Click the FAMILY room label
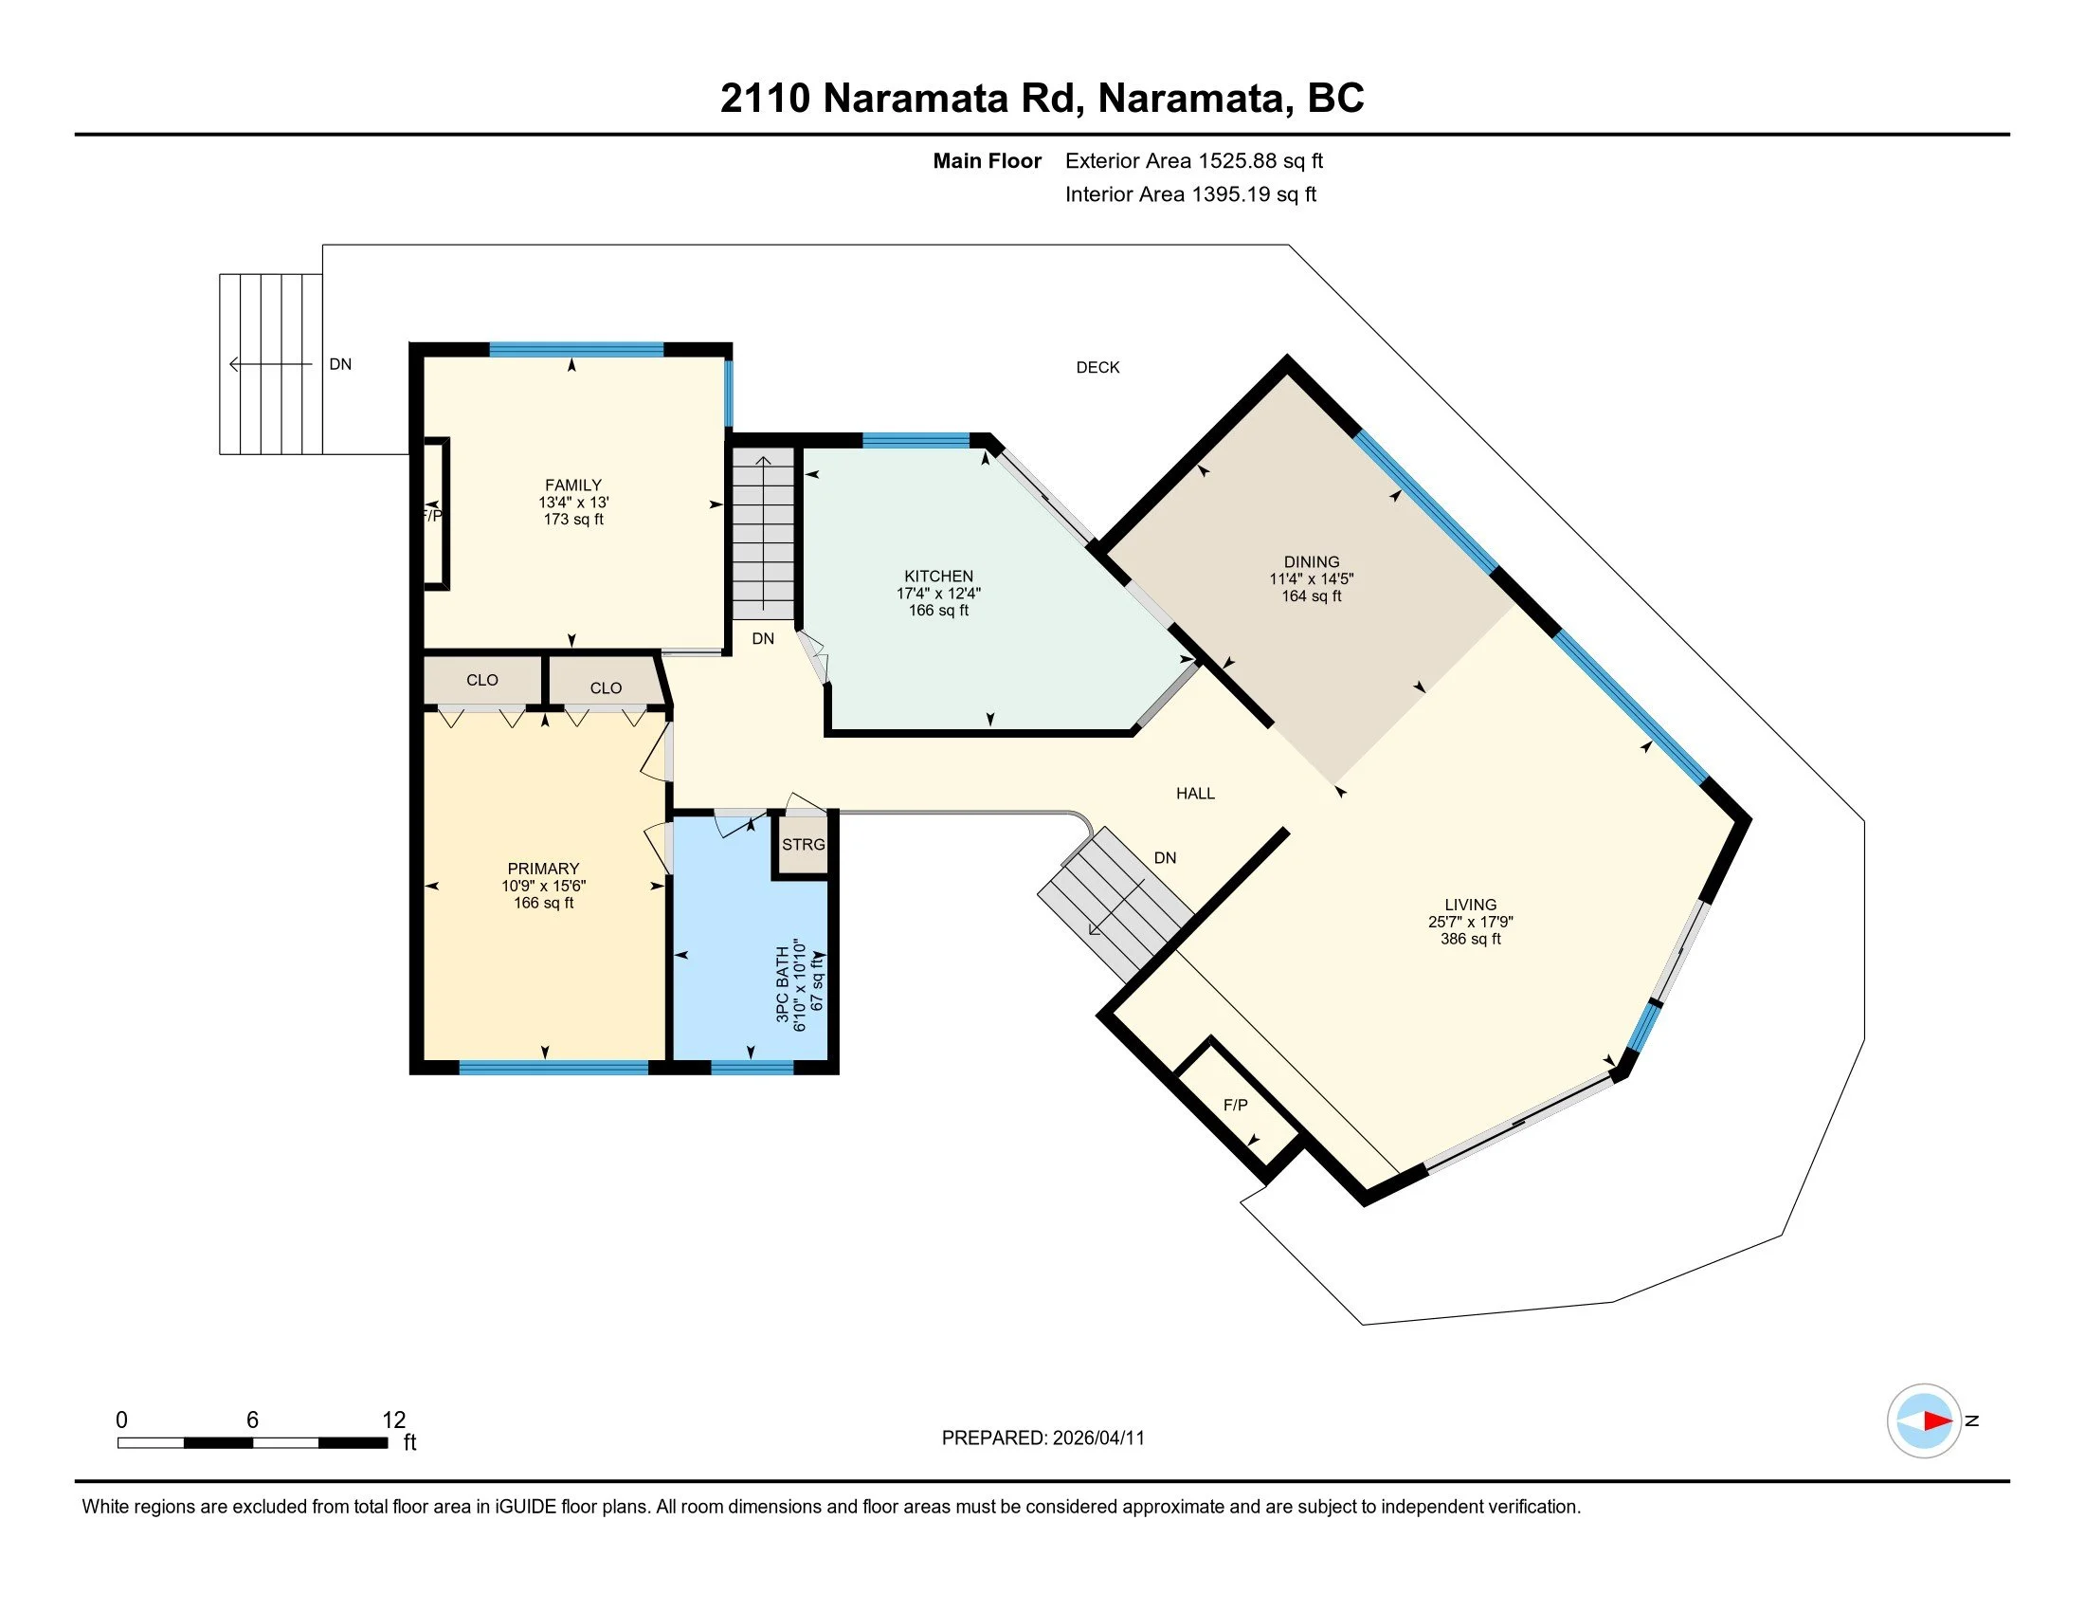coord(572,485)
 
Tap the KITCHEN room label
coord(938,576)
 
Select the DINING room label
coord(1311,561)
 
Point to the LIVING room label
coord(1470,905)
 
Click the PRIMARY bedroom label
coord(543,868)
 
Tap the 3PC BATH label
coord(783,983)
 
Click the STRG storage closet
coord(803,844)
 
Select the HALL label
coord(1195,793)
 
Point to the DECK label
coord(1097,367)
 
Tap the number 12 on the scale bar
coord(393,1420)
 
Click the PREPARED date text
coord(1042,1438)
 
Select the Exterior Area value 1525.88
coord(1236,160)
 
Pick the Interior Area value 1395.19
coord(1230,193)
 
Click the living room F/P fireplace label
coord(1235,1104)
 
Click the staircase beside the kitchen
coord(763,533)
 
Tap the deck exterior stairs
coord(271,364)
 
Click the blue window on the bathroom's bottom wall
coord(752,1068)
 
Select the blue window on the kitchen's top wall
coord(916,440)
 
